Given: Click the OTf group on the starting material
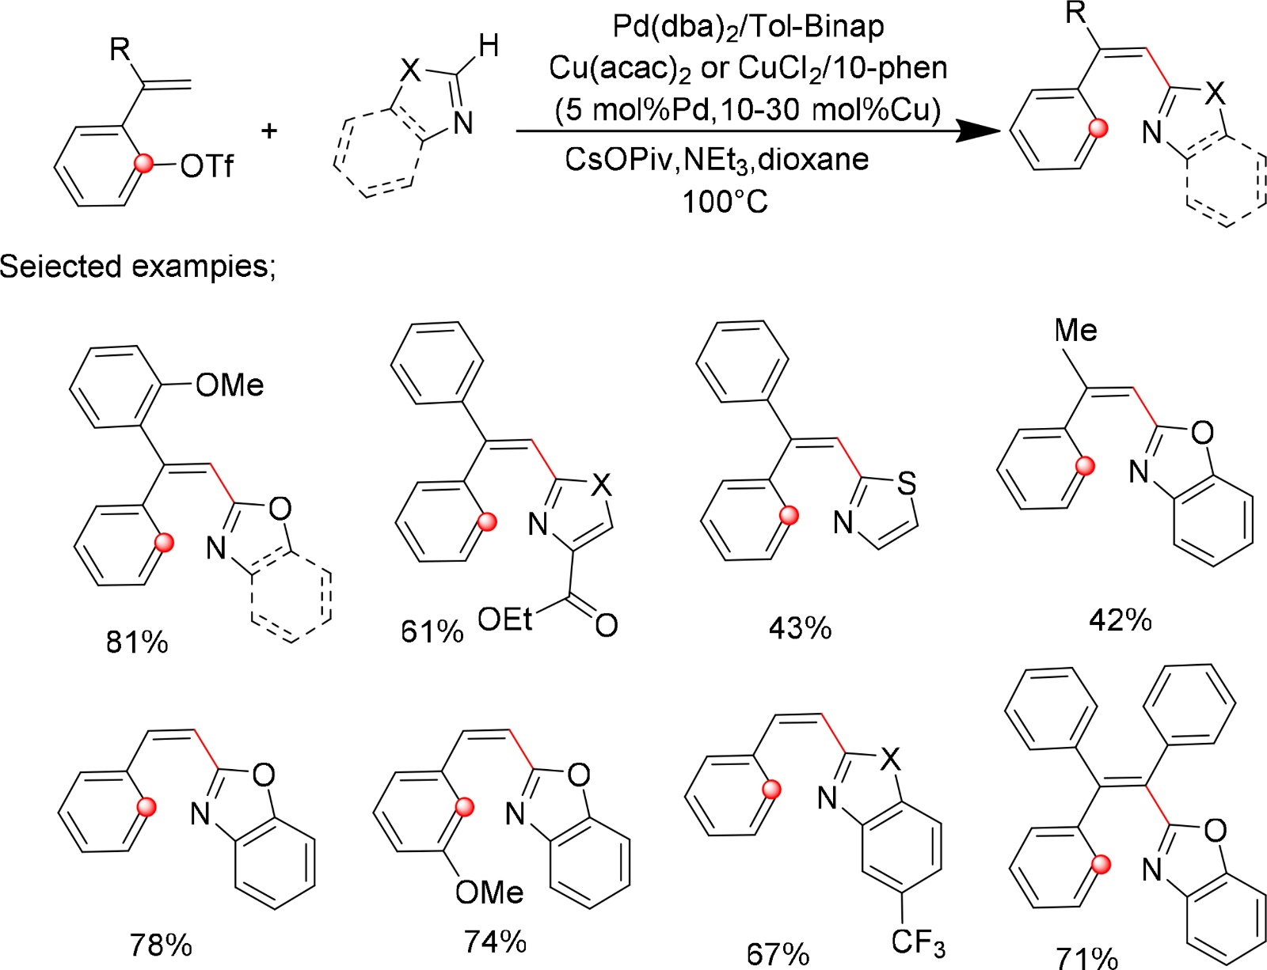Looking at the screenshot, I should (207, 166).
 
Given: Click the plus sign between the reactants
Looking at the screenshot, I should (269, 129).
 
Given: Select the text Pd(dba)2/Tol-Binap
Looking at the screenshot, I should (748, 26).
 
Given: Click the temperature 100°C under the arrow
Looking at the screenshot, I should (725, 202).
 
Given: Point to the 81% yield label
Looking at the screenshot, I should (137, 642).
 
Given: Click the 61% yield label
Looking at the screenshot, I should (432, 631).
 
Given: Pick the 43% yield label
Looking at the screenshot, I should (800, 628).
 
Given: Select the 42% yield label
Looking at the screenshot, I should (1120, 620).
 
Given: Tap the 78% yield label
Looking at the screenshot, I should (161, 945).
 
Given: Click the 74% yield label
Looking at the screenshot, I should (496, 942).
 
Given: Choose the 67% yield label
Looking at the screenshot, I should (778, 953).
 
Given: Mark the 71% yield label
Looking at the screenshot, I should (1086, 958).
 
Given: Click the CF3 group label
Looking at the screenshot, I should (918, 942).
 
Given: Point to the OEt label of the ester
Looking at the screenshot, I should (505, 620).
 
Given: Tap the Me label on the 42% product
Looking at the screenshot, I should (1075, 331).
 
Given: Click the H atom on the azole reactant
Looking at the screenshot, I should (489, 45).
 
